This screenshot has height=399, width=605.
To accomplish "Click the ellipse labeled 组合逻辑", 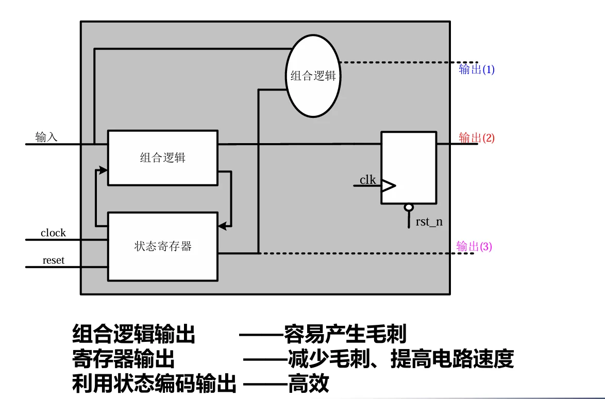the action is click(313, 76).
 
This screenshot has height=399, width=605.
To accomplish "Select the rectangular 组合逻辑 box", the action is click(163, 158).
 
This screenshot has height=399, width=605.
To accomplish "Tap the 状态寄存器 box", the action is click(163, 246).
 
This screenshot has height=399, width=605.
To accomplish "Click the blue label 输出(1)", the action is click(477, 70).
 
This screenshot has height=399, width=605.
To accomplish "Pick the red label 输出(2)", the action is click(477, 137).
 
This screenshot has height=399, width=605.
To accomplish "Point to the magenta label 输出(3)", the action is click(474, 246).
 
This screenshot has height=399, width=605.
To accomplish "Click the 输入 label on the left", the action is click(46, 136).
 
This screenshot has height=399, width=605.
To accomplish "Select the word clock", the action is click(53, 233).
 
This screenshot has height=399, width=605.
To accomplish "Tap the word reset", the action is click(53, 260).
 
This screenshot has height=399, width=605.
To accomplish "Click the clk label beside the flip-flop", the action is click(367, 180).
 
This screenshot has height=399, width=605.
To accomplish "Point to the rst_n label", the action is click(429, 222).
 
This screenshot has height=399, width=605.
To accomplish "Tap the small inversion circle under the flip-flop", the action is click(409, 208).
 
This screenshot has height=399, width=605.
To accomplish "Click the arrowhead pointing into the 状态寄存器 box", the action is click(223, 226).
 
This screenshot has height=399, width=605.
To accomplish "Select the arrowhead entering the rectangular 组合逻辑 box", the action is click(103, 170).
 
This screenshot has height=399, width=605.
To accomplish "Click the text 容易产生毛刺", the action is click(345, 334).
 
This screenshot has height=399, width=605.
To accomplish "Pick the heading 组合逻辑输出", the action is click(133, 334).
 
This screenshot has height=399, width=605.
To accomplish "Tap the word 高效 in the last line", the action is click(308, 383).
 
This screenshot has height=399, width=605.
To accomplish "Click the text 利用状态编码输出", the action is click(154, 383).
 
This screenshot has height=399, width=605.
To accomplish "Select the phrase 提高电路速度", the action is click(452, 359).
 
